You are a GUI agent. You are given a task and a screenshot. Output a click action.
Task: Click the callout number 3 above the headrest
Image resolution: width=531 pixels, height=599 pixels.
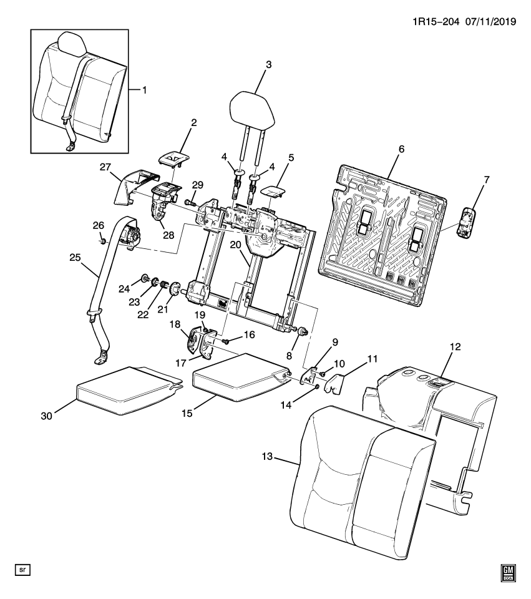pyautogui.click(x=268, y=65)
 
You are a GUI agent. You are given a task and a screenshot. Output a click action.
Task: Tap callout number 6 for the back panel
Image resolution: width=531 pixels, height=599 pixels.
pyautogui.click(x=401, y=149)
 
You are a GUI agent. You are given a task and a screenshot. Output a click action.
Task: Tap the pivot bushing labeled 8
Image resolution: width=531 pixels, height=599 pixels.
pyautogui.click(x=301, y=332)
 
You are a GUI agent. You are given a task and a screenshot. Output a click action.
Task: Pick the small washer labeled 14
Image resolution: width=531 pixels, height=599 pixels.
pyautogui.click(x=318, y=387)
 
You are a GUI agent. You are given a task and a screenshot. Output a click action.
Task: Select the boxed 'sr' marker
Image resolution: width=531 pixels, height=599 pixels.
pyautogui.click(x=22, y=570)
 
